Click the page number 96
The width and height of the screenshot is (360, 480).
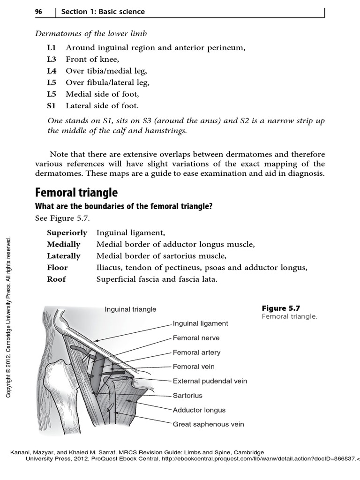pyautogui.click(x=39, y=11)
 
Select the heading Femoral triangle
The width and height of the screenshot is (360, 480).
pyautogui.click(x=76, y=193)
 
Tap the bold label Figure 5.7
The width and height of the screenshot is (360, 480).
pyautogui.click(x=280, y=308)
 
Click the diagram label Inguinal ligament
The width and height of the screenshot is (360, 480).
pyautogui.click(x=201, y=323)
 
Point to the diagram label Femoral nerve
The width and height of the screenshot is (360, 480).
pyautogui.click(x=196, y=337)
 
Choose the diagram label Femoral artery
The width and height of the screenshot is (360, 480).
pyautogui.click(x=196, y=352)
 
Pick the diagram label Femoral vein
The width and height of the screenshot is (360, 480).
pyautogui.click(x=194, y=367)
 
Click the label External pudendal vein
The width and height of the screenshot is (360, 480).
pyautogui.click(x=210, y=381)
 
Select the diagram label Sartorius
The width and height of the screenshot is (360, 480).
pyautogui.click(x=187, y=396)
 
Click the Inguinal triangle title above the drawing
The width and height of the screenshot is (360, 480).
pyautogui.click(x=130, y=309)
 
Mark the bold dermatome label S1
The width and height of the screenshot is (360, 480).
pyautogui.click(x=51, y=106)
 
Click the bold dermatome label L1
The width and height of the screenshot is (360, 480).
pyautogui.click(x=51, y=47)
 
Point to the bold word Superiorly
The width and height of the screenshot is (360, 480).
pyautogui.click(x=67, y=232)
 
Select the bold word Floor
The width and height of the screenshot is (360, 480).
pyautogui.click(x=57, y=267)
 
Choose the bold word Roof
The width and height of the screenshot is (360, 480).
pyautogui.click(x=56, y=279)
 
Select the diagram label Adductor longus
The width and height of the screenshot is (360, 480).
pyautogui.click(x=199, y=410)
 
